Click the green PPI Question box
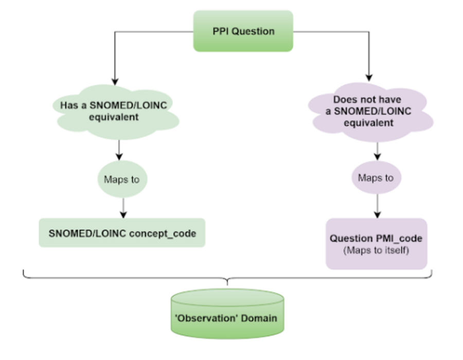pyautogui.click(x=243, y=31)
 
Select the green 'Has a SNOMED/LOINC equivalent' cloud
pyautogui.click(x=116, y=112)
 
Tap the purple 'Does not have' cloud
pyautogui.click(x=370, y=112)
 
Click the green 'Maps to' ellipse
pyautogui.click(x=122, y=179)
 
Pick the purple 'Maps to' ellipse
pyautogui.click(x=376, y=177)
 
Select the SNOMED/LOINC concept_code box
pyautogui.click(x=122, y=233)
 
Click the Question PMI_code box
pyautogui.click(x=376, y=244)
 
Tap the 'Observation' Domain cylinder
pyautogui.click(x=227, y=314)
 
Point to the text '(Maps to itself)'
pyautogui.click(x=376, y=250)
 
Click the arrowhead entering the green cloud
pyautogui.click(x=115, y=82)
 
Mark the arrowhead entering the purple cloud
pyautogui.click(x=369, y=78)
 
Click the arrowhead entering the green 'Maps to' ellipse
pyautogui.click(x=119, y=157)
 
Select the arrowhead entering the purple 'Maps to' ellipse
pyautogui.click(x=378, y=157)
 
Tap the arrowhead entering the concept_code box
pyautogui.click(x=123, y=215)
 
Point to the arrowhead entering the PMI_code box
pyautogui.click(x=378, y=215)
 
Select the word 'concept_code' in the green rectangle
pyautogui.click(x=163, y=233)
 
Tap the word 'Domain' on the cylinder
pyautogui.click(x=259, y=318)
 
